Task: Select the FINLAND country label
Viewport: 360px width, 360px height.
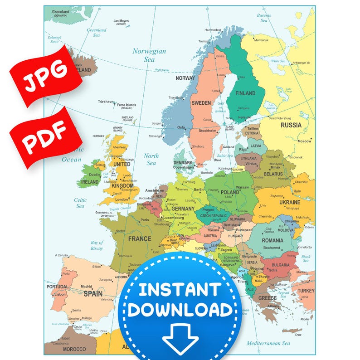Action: click(245, 93)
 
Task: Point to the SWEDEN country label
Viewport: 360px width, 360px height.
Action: click(201, 103)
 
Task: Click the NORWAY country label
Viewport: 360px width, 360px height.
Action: click(185, 78)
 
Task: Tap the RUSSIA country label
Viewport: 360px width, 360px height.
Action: click(291, 125)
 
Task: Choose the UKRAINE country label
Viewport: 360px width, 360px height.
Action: click(289, 202)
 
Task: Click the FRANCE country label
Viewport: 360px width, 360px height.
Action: click(140, 239)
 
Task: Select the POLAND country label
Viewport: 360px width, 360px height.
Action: click(229, 192)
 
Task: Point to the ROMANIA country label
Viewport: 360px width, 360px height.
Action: click(272, 240)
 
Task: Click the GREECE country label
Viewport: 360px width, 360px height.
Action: click(268, 298)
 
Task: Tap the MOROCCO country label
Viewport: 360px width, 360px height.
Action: click(74, 349)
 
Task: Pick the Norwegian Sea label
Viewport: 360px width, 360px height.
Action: click(149, 55)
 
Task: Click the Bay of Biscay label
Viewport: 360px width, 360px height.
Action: click(97, 245)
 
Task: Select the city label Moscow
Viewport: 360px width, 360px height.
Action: click(304, 141)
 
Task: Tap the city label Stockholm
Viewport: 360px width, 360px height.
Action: click(208, 131)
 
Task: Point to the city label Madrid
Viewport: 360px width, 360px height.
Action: click(87, 287)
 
